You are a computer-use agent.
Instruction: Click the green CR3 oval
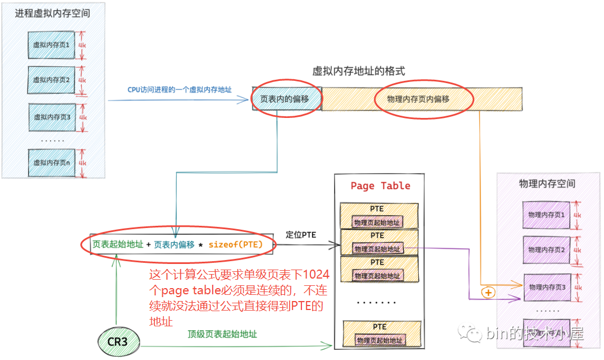[116, 341]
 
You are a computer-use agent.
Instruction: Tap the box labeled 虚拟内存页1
[51, 45]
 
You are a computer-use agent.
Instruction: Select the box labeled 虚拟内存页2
[51, 80]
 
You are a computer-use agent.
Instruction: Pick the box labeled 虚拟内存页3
[52, 117]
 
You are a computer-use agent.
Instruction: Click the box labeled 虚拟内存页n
[52, 163]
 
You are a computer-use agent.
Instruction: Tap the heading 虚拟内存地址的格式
[359, 71]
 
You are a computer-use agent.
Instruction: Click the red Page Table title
[380, 186]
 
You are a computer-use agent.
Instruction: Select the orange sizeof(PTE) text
[235, 244]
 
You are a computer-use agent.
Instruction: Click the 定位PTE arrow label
[301, 235]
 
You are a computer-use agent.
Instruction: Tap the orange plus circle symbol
[488, 293]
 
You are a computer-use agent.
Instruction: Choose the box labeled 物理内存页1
[546, 215]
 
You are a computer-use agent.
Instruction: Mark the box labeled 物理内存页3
[546, 287]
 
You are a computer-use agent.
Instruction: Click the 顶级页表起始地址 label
[222, 334]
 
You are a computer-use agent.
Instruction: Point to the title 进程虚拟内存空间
[53, 13]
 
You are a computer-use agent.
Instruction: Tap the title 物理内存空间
[547, 184]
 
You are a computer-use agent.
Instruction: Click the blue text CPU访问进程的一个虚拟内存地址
[180, 90]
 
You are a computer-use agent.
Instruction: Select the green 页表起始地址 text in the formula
[119, 244]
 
